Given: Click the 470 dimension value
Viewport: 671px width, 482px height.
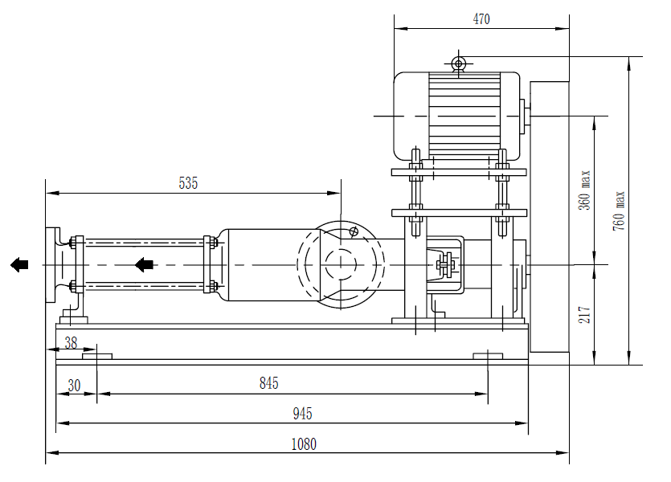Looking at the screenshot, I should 481,19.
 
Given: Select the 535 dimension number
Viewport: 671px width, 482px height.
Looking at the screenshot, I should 187,183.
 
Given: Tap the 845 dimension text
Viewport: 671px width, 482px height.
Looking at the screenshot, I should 269,384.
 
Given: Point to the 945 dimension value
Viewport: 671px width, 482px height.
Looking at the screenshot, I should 302,414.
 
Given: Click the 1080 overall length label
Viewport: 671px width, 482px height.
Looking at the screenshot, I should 304,443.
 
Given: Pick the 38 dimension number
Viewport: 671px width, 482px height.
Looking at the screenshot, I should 71,341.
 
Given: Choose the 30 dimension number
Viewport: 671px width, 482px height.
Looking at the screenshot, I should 74,385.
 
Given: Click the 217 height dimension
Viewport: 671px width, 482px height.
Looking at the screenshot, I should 584,313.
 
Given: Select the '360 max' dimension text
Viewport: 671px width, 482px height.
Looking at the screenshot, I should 584,190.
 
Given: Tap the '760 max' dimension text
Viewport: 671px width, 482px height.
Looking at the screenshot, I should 619,210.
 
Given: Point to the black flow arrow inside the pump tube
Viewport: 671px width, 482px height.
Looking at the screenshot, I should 144,264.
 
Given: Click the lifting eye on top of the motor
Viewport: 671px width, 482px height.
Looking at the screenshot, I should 459,63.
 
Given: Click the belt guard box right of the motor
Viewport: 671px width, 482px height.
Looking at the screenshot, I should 549,217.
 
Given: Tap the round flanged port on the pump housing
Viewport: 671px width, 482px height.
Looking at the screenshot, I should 341,264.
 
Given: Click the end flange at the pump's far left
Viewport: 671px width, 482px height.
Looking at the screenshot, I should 55,264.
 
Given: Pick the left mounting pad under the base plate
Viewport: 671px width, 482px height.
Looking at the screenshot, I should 97,356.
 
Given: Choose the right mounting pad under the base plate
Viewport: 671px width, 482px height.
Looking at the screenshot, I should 488,356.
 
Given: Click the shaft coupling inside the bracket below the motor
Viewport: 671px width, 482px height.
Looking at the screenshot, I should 444,263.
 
